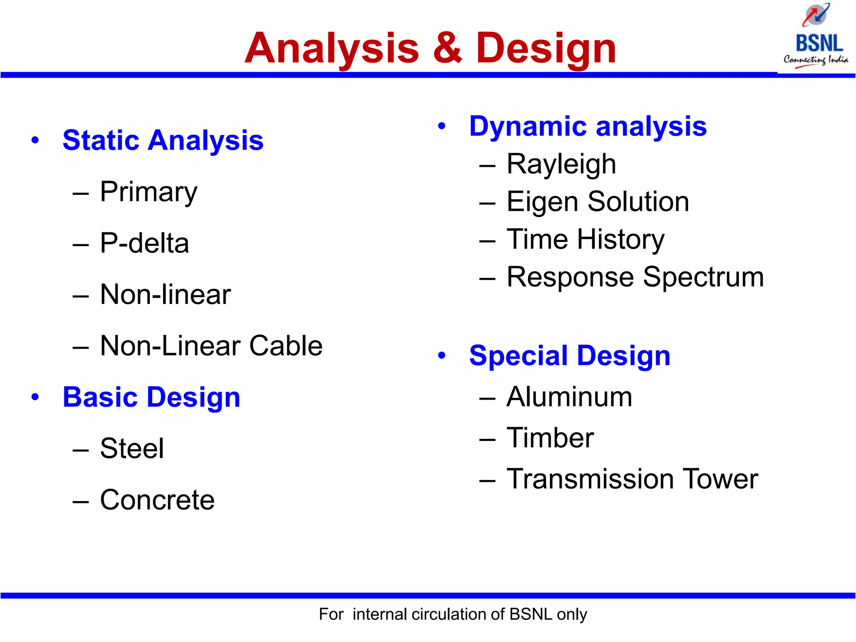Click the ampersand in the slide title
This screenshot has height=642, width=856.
(447, 48)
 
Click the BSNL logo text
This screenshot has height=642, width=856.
(819, 43)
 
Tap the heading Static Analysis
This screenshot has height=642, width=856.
(163, 140)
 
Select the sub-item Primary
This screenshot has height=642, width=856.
(148, 192)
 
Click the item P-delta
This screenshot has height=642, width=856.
(144, 243)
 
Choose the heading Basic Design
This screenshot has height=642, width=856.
(151, 397)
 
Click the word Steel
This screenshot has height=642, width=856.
(132, 448)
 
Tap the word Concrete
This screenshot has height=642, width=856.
(157, 500)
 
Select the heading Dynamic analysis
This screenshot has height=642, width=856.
(588, 126)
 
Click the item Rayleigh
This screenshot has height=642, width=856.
(561, 164)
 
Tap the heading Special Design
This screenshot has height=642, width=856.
(569, 356)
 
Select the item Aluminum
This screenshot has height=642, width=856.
(569, 397)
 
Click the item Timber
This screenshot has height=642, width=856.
(550, 438)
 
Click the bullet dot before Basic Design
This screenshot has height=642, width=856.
(35, 397)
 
